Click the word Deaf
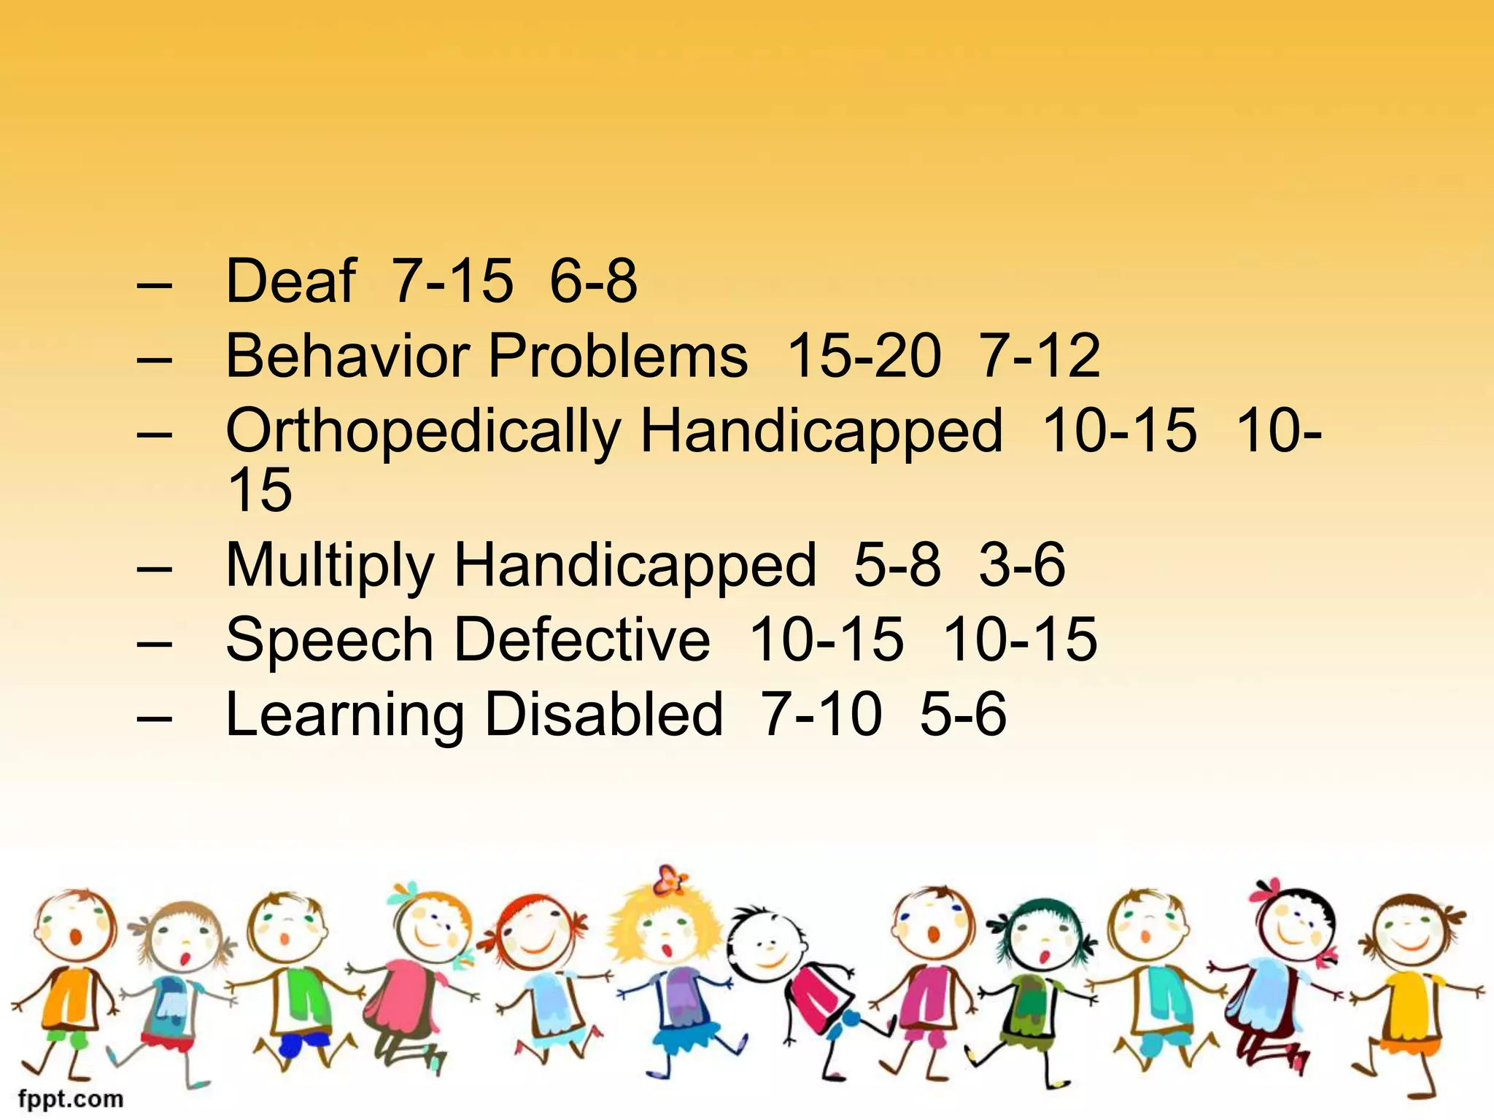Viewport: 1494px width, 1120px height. (x=290, y=281)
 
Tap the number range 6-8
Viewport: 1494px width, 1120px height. (x=593, y=281)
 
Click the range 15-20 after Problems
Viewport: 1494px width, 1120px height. (x=864, y=357)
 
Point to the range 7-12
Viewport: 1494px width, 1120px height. (x=1040, y=357)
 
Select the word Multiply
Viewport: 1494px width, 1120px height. (x=330, y=566)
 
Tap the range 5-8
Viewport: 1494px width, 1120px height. (x=897, y=566)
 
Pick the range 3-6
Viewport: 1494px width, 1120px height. (x=1021, y=566)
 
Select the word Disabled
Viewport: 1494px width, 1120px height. (x=603, y=715)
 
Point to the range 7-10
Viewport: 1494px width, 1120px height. (x=820, y=715)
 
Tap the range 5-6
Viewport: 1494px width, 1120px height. (x=963, y=715)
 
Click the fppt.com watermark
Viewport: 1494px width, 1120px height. (x=71, y=1098)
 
